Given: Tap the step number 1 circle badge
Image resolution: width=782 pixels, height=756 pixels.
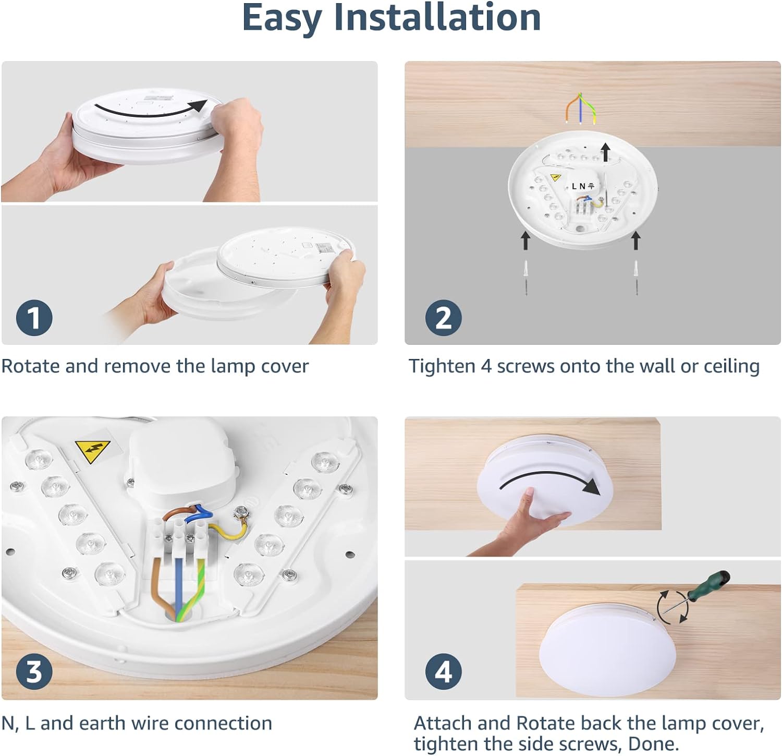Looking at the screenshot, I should tap(34, 318).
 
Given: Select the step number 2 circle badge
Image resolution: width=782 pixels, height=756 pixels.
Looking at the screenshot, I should tap(443, 318).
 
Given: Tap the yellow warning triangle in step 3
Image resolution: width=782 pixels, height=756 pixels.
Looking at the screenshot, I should tap(92, 450).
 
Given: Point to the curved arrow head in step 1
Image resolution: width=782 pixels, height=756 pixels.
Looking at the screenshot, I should tap(197, 106).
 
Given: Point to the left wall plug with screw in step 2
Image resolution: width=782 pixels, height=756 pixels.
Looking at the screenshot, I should tap(526, 277).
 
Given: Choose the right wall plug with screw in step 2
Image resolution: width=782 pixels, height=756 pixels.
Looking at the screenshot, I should tap(636, 277).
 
